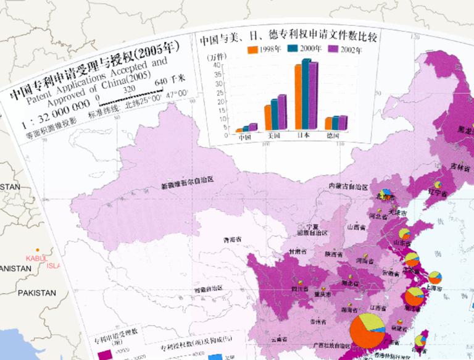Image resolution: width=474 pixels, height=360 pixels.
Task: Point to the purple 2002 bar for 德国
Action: [343, 122]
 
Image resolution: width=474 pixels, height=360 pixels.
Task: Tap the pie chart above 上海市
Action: [435, 276]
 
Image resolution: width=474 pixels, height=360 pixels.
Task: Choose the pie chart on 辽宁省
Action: [438, 184]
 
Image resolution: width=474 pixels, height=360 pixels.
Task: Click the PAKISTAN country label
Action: [36, 292]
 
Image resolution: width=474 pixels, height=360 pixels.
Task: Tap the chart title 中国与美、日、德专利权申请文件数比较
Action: [289, 37]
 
